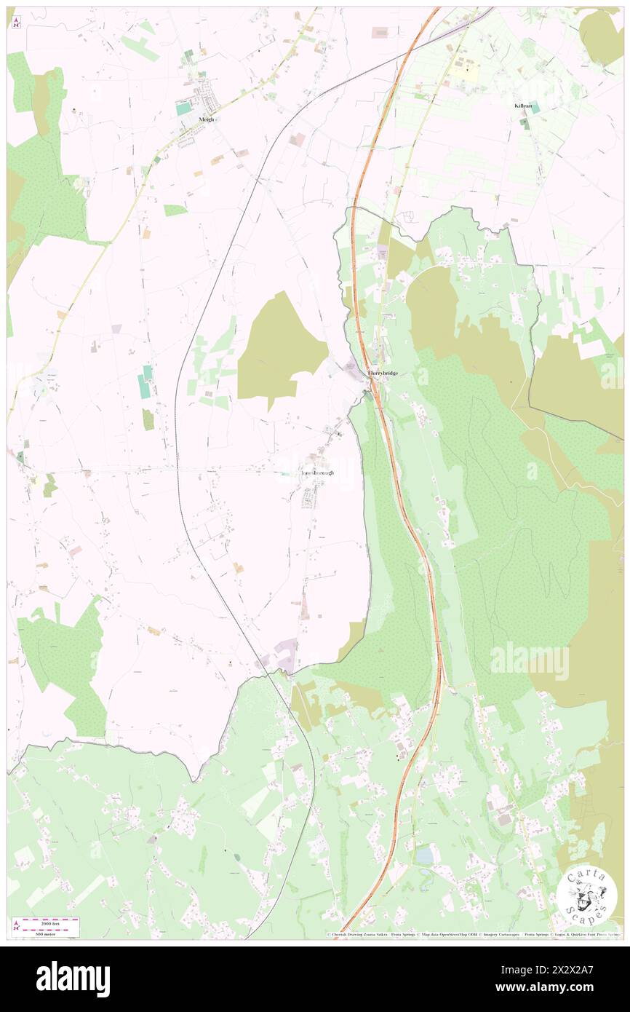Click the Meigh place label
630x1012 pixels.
(207, 119)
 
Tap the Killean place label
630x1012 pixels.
(523, 106)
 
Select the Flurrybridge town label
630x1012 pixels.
(388, 373)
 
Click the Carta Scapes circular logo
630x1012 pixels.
(586, 896)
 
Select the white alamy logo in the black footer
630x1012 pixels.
(73, 979)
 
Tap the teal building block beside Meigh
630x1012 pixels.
(183, 108)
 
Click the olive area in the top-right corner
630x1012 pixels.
(601, 36)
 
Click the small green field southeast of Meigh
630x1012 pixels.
(175, 210)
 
